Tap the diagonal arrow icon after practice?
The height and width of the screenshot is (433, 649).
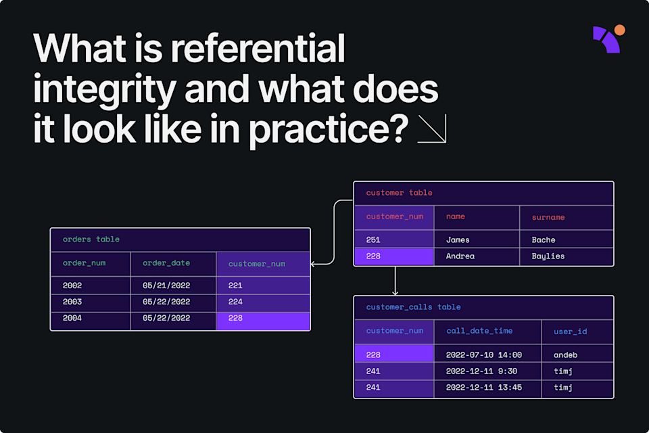tap(432, 129)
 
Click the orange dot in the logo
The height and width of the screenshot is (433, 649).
tap(619, 30)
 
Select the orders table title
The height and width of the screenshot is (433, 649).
tap(91, 240)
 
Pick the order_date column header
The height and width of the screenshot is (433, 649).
tap(166, 263)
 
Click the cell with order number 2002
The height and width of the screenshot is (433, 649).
tap(72, 286)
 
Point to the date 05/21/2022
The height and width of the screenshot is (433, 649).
tap(166, 286)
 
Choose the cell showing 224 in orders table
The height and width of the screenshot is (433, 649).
tap(235, 302)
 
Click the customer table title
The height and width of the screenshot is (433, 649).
tap(399, 193)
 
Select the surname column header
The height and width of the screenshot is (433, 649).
tap(548, 217)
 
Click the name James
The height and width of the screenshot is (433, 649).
tap(458, 240)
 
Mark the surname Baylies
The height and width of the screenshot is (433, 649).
tap(548, 256)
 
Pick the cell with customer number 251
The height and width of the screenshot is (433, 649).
tap(373, 240)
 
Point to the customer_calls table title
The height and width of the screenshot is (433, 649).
tap(413, 307)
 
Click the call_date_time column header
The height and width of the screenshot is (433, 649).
tap(479, 331)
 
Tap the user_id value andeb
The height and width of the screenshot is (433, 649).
tap(565, 354)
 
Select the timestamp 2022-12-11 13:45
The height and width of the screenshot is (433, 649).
tap(483, 388)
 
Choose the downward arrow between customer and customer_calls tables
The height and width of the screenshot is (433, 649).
tap(395, 281)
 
